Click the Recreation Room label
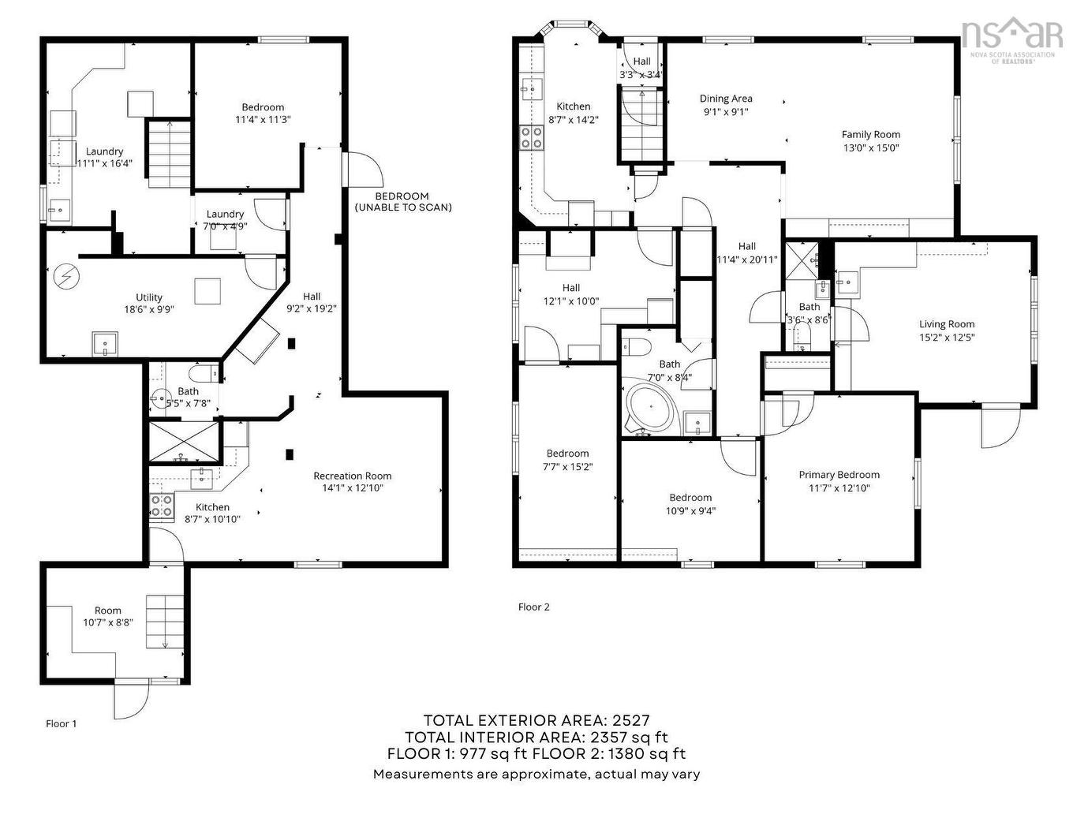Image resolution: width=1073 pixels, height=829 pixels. tap(352, 476)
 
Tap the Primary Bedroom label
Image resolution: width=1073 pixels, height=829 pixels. tap(839, 475)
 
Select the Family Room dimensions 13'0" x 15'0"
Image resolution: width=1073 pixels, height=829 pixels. tap(870, 148)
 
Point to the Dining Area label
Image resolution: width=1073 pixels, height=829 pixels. tap(726, 99)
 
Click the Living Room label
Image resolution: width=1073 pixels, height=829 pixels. tap(946, 324)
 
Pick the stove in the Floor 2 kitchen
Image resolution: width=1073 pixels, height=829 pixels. tap(531, 138)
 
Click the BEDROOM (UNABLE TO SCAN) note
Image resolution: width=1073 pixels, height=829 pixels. tap(402, 202)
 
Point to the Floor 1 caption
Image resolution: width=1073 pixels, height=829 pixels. tap(62, 723)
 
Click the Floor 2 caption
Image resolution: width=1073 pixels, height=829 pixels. tap(533, 607)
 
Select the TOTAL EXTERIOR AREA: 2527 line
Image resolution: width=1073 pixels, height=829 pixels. tap(536, 719)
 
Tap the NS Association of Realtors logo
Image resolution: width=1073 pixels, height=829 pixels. tap(1011, 40)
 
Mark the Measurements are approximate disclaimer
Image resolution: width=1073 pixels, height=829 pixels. tap(536, 774)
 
